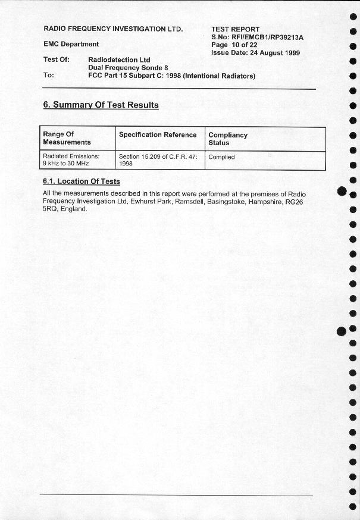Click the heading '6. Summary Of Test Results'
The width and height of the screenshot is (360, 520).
tap(101, 105)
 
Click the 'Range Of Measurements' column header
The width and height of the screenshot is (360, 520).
tap(67, 139)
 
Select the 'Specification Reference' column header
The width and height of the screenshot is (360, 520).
tap(158, 135)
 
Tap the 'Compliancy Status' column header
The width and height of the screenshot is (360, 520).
tap(228, 139)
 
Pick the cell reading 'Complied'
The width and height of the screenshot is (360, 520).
tap(221, 157)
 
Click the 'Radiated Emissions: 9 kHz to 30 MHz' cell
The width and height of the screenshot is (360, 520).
tap(71, 159)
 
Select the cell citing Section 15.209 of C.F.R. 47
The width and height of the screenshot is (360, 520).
tap(158, 159)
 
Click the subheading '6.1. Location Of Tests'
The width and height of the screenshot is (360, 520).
tap(81, 181)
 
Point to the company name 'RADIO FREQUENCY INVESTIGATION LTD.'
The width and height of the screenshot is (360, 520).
tap(113, 29)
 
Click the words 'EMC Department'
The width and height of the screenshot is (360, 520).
tap(71, 44)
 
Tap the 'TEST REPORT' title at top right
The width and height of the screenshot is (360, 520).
tap(236, 29)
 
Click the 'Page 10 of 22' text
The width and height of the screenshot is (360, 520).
tap(234, 45)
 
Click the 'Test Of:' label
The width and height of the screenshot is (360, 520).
tap(57, 59)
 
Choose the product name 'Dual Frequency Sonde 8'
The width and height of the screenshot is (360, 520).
tap(128, 68)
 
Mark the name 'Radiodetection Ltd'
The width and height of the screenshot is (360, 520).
tap(119, 60)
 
